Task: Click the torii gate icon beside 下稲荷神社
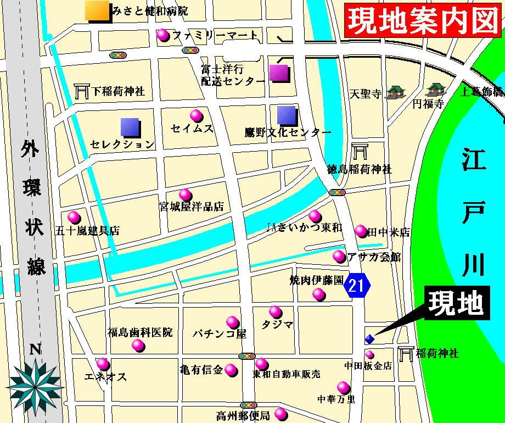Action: [81, 91]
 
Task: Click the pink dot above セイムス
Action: [196, 115]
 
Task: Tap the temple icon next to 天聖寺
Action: [394, 93]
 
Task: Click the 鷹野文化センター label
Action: [288, 132]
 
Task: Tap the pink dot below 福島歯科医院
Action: [138, 346]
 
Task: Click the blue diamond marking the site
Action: [369, 339]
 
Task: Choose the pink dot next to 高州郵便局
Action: [280, 413]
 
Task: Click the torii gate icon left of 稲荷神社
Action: [406, 353]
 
